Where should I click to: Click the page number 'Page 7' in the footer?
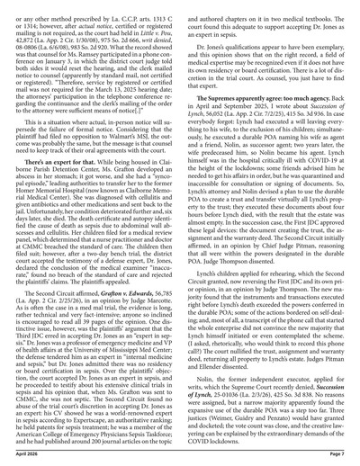[x=340, y=456]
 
